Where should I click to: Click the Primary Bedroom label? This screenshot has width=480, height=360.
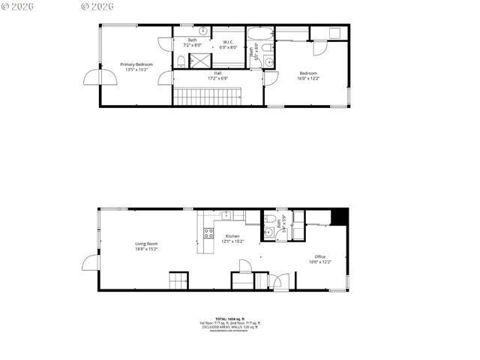pos(136,64)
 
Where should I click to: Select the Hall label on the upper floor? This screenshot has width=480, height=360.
pos(217,73)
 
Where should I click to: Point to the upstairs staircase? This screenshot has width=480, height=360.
pos(208,96)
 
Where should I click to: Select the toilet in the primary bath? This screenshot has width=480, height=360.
pos(182,60)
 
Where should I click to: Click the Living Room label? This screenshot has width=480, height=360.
pos(146,243)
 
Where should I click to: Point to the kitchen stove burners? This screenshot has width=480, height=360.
pos(208,233)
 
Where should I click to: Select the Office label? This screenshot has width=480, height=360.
pos(320,256)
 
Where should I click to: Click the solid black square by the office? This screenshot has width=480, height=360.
pos(340,215)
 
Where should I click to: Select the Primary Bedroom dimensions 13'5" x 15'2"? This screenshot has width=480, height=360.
pos(136,70)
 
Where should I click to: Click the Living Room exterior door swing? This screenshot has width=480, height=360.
pos(91,262)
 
